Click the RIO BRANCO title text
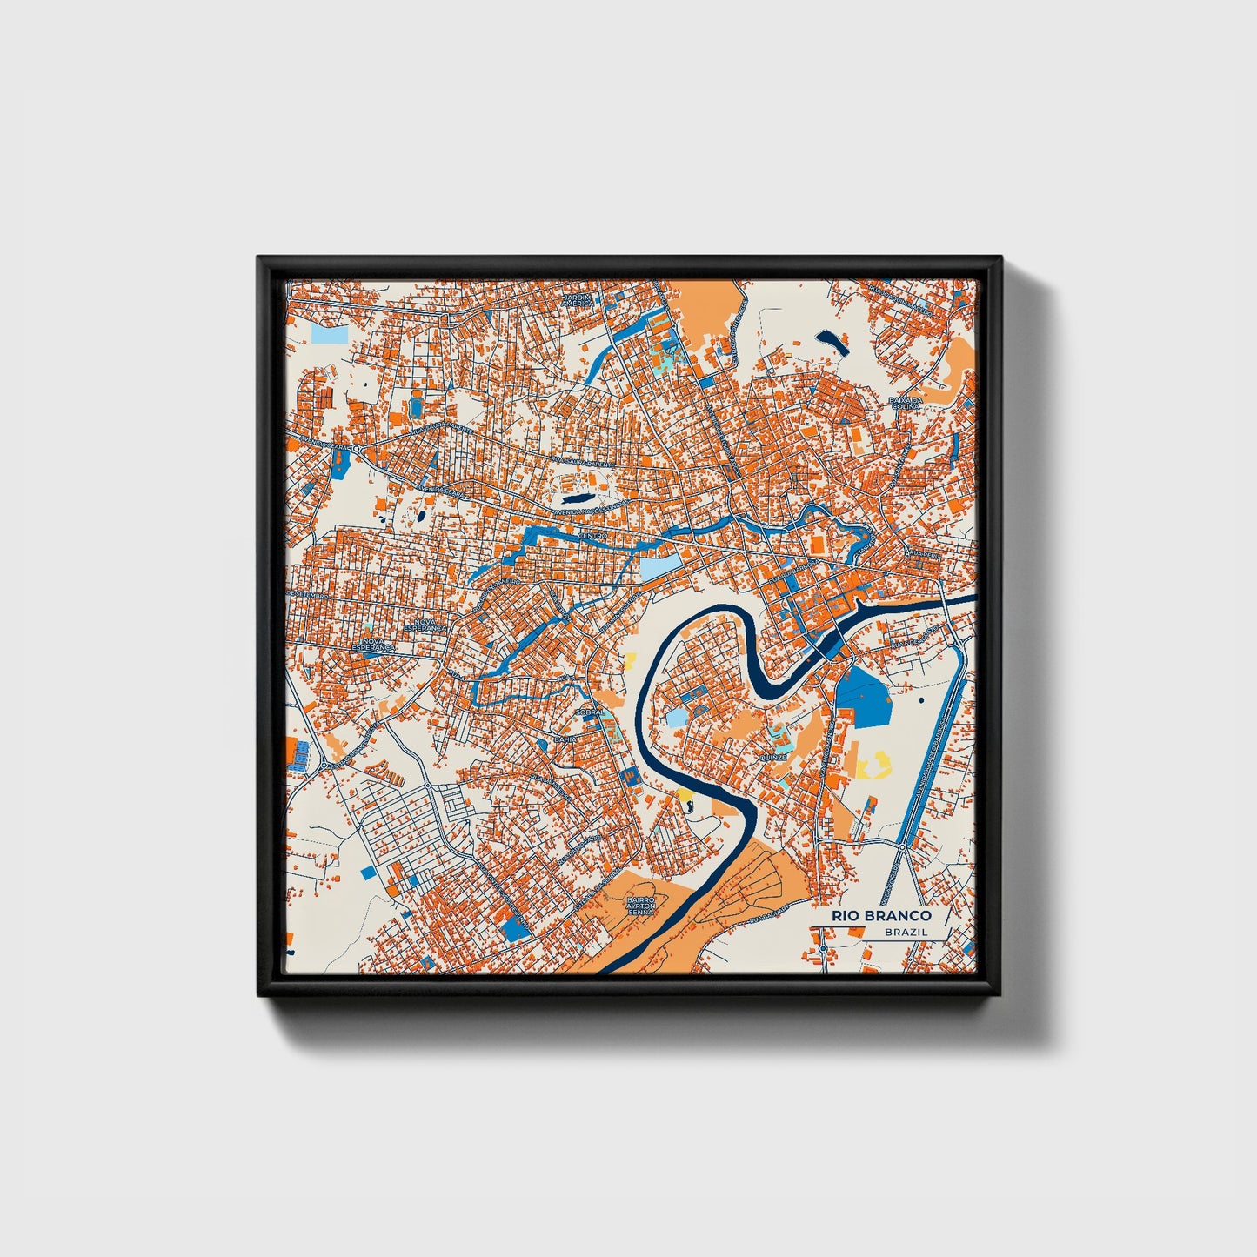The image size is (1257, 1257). [x=881, y=915]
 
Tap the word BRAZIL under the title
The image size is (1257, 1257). [x=906, y=932]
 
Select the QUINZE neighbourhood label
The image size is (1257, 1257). [x=772, y=758]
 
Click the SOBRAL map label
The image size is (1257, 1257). [x=590, y=712]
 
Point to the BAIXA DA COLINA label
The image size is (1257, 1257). [x=905, y=404]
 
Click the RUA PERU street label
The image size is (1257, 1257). [x=921, y=553]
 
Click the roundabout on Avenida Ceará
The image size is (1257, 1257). [x=357, y=447]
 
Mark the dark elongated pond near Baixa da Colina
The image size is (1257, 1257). [x=832, y=342]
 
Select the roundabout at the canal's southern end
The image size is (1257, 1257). [x=903, y=846]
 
